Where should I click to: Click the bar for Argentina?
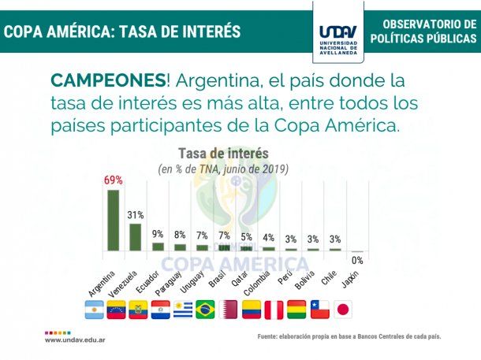coord(114,220)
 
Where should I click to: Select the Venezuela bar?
coord(136,236)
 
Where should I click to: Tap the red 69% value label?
coord(114,180)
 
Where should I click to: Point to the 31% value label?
coord(136,214)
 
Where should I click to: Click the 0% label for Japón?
coord(357,260)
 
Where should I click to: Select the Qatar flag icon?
coord(229,309)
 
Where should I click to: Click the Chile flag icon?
coord(319,309)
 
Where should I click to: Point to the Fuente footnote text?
coord(349,336)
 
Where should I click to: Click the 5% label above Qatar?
coord(247,236)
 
